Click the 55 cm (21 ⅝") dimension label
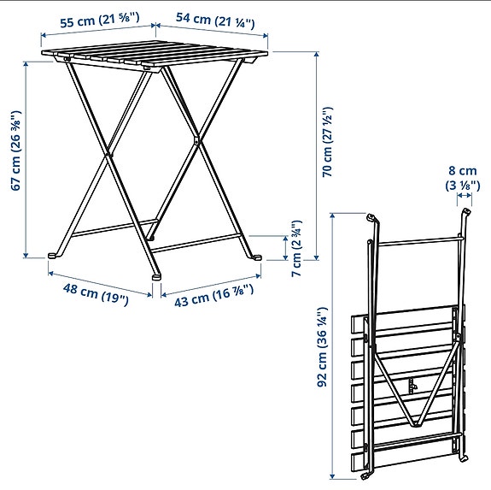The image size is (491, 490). coord(94,19)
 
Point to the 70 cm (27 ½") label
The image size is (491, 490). coord(327,141)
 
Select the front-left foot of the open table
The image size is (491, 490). coord(54,254)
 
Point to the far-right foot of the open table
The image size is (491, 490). coord(256,257)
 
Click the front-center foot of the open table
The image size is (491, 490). coord(156,275)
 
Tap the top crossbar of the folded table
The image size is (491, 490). coord(418,242)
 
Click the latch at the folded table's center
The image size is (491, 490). coord(412,387)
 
